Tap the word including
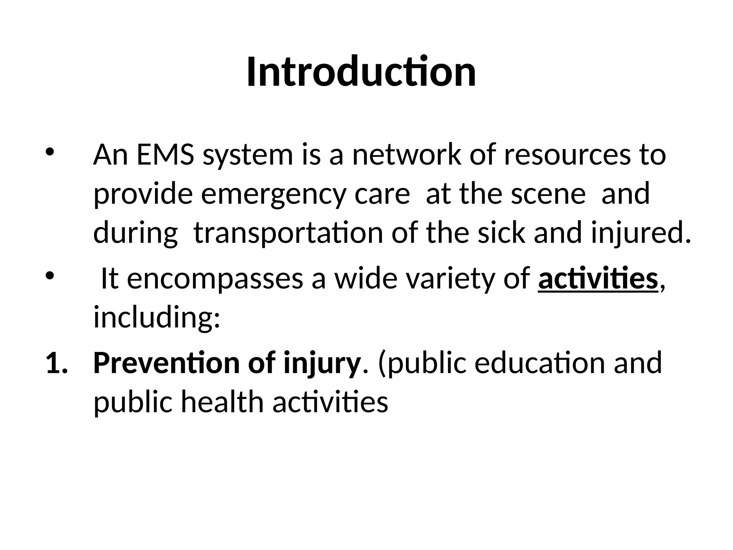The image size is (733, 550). [x=156, y=318]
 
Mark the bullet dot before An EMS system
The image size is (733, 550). [x=49, y=151]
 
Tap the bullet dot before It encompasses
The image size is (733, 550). [x=49, y=276]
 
